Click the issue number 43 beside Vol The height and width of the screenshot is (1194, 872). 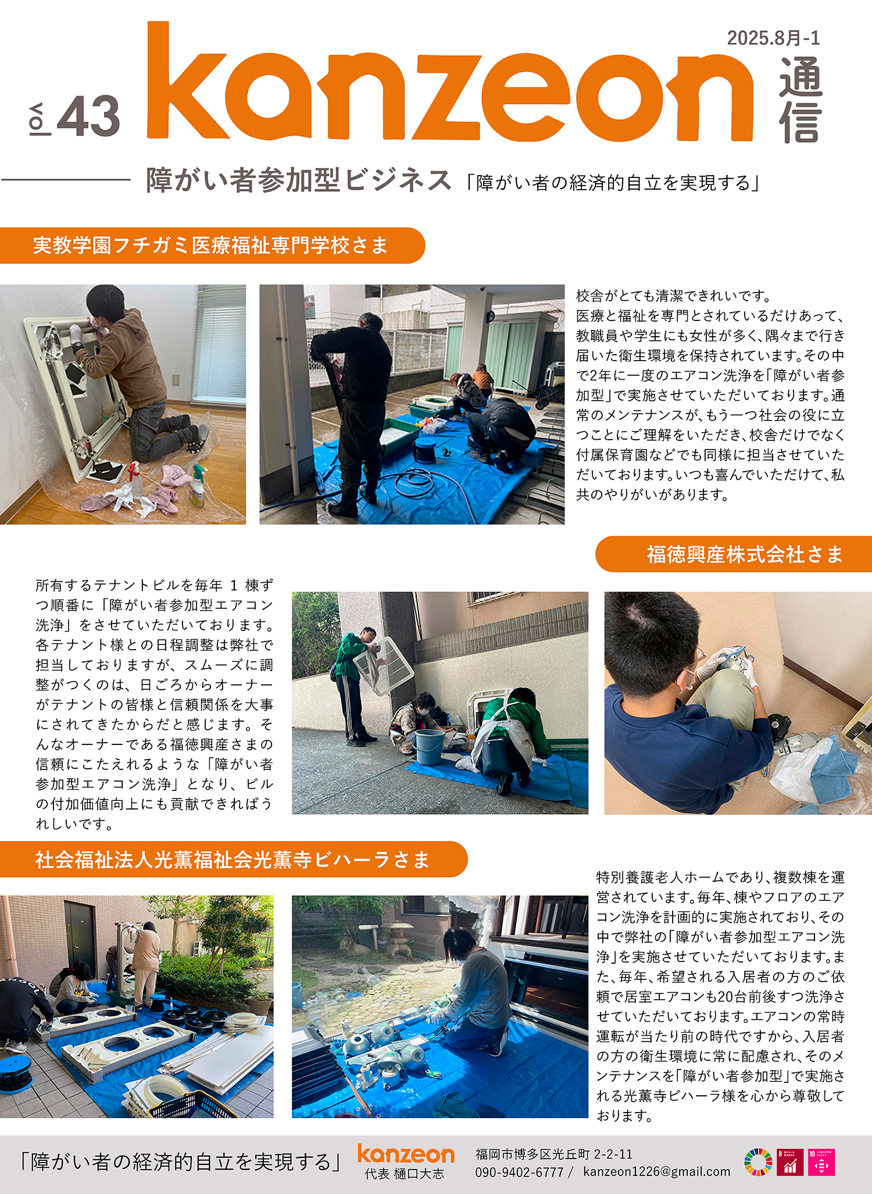(89, 116)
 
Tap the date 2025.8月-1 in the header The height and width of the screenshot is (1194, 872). (773, 38)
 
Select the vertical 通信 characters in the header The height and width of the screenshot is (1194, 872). (800, 100)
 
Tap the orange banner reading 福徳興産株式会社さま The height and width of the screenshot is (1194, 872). (734, 554)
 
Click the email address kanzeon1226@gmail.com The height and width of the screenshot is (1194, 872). (657, 1172)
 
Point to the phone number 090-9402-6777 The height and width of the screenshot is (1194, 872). (519, 1172)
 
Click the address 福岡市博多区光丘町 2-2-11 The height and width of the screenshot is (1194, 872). (554, 1154)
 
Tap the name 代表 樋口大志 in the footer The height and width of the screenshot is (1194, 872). (404, 1174)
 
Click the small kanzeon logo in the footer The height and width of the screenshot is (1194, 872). (406, 1154)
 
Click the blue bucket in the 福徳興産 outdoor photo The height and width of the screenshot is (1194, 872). (429, 747)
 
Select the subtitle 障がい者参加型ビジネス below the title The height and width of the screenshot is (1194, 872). (299, 180)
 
